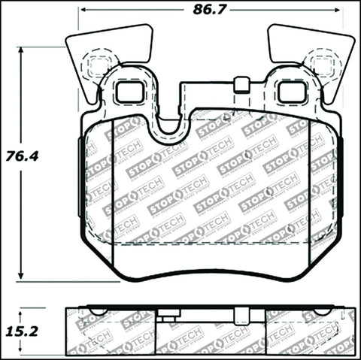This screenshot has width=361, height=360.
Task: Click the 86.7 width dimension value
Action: [x=211, y=11]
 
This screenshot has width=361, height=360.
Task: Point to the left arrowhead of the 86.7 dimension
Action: [x=83, y=11]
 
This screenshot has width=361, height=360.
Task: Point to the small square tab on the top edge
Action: [x=241, y=84]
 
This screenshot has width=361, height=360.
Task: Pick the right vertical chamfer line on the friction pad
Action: [x=309, y=195]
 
